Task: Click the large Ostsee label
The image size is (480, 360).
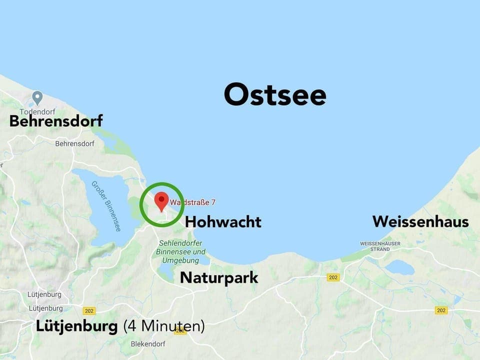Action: click(275, 95)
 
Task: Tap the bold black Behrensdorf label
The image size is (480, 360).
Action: click(56, 121)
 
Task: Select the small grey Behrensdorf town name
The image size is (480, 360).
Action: click(74, 143)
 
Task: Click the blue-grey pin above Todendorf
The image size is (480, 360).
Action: click(37, 97)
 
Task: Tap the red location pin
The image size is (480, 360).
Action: click(161, 201)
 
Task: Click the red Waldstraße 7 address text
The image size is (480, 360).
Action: click(193, 202)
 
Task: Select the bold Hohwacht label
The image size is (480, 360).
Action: click(223, 222)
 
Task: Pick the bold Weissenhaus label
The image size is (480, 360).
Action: click(420, 221)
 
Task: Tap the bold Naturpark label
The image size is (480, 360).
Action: click(219, 277)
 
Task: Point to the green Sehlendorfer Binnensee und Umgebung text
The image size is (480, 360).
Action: click(180, 251)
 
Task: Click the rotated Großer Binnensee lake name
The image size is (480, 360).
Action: click(106, 205)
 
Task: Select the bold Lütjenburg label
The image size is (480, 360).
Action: click(77, 326)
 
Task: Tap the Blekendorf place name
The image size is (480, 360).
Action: click(147, 344)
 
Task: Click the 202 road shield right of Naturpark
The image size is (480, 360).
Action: click(333, 277)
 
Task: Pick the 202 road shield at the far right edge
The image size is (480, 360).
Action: click(441, 310)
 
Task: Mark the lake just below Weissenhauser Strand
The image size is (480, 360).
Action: click(399, 268)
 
